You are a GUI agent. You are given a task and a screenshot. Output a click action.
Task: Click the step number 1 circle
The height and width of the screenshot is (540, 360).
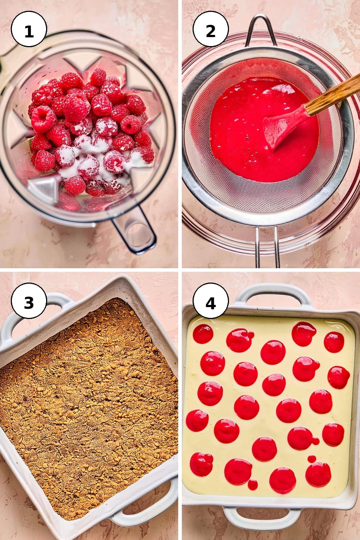pyautogui.click(x=29, y=29)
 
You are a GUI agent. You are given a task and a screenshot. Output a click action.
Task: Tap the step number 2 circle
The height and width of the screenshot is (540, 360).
pyautogui.click(x=211, y=29)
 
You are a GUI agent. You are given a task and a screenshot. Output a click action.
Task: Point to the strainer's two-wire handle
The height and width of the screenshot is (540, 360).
pyautogui.click(x=267, y=247)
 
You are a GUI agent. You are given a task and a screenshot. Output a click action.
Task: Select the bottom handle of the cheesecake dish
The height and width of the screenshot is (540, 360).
pyautogui.click(x=262, y=520)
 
